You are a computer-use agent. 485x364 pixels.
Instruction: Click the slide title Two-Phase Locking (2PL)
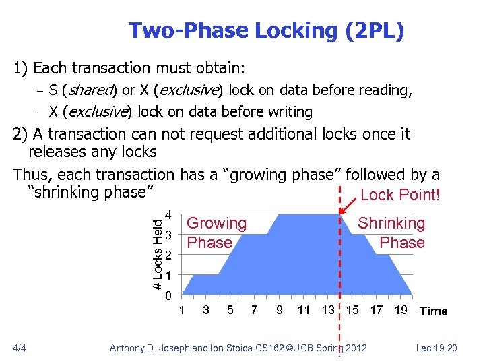pyautogui.click(x=266, y=30)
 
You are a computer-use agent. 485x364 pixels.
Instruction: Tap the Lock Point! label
pyautogui.click(x=400, y=195)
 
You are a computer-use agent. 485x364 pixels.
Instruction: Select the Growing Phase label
pyautogui.click(x=216, y=233)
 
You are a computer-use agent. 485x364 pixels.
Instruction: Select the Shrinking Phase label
pyautogui.click(x=391, y=233)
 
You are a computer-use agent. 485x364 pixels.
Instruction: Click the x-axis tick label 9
pyautogui.click(x=279, y=310)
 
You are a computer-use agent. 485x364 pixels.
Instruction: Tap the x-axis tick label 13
pyautogui.click(x=328, y=310)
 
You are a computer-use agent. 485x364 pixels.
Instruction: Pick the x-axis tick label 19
pyautogui.click(x=400, y=310)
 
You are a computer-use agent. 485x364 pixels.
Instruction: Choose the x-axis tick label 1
pyautogui.click(x=181, y=310)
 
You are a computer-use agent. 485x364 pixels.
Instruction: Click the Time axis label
pyautogui.click(x=433, y=311)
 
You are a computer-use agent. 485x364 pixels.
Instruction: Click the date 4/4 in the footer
pyautogui.click(x=20, y=348)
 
